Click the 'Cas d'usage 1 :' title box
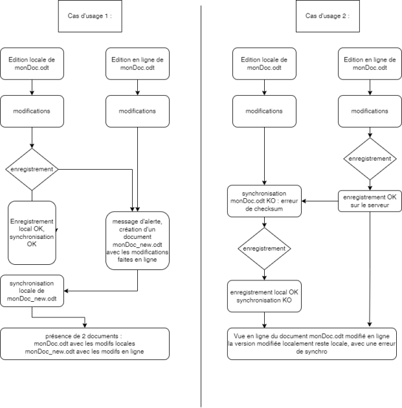tap(90, 16)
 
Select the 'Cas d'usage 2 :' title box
tap(328, 16)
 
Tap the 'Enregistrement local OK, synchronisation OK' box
tap(32, 232)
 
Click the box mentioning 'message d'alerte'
tap(137, 240)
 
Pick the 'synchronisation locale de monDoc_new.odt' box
tap(32, 291)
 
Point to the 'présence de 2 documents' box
tap(85, 344)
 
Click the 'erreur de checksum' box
tap(264, 201)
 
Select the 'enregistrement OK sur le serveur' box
tap(370, 201)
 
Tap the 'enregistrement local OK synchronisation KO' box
tap(264, 296)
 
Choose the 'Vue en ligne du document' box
tap(312, 344)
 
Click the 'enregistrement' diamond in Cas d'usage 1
tap(32, 169)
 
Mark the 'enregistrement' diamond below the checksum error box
tap(264, 249)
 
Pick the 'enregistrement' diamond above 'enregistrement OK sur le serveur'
tap(370, 159)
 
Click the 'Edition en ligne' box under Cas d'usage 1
tap(137, 63)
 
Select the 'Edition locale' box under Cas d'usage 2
tap(264, 63)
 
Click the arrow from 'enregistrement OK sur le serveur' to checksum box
tap(320, 201)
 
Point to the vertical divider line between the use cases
tap(201, 206)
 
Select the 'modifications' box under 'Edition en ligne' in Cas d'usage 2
tap(370, 111)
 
